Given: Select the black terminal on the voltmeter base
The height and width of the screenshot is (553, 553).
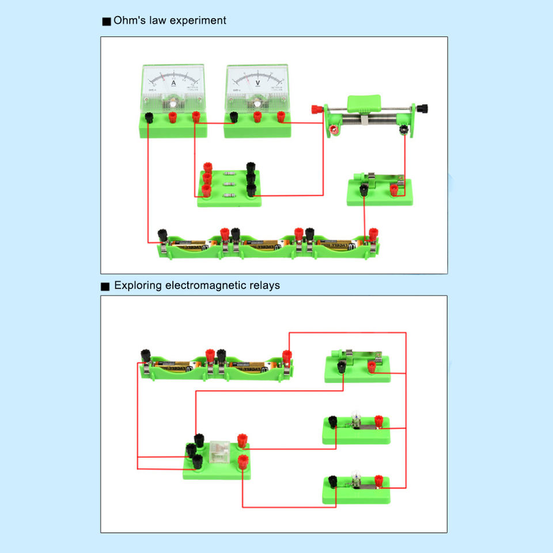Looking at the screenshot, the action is coord(234,117).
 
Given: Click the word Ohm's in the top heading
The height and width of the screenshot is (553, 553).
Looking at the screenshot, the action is coord(129,21).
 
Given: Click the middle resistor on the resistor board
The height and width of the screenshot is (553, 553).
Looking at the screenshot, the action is coord(229,185).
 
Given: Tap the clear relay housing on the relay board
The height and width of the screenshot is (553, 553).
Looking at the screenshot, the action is coord(219,451).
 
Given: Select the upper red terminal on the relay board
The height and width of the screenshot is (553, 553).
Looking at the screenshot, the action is coord(243,441).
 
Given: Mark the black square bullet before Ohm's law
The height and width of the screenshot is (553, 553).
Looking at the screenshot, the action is coord(106,22).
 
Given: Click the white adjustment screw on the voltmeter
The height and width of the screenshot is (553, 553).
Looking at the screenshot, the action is coord(256,104).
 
